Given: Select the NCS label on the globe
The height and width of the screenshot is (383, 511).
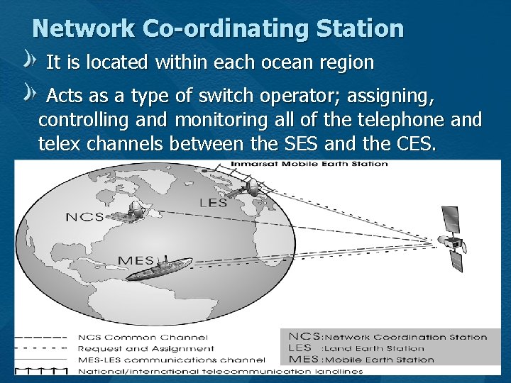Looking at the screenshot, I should tap(85, 216).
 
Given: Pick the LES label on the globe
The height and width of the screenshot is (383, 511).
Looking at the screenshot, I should tap(214, 203).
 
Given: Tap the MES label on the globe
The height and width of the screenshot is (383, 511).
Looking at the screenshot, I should tap(135, 260).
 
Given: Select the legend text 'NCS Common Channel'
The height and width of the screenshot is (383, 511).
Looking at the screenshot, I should tap(143, 337).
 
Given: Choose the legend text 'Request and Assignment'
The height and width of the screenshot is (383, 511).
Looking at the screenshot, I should tap(145, 348).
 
